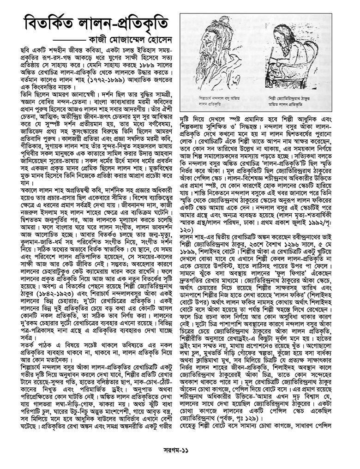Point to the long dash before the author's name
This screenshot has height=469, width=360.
[65, 39]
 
